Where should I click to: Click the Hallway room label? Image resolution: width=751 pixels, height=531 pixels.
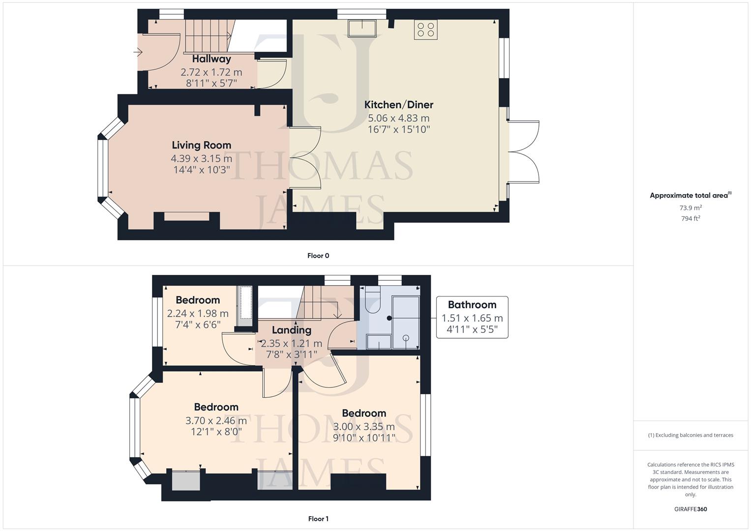click(x=211, y=59)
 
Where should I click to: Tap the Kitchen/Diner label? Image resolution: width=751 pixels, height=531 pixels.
click(x=398, y=105)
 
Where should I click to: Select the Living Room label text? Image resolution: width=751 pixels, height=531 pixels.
click(x=201, y=145)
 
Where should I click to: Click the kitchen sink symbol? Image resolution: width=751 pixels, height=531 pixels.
click(x=361, y=29)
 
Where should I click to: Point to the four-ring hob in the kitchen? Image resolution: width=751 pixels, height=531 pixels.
click(x=425, y=29)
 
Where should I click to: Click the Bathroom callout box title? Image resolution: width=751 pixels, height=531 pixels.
click(x=472, y=305)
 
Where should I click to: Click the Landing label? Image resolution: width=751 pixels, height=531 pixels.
click(x=291, y=330)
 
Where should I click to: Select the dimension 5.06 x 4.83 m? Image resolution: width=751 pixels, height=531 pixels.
click(x=398, y=118)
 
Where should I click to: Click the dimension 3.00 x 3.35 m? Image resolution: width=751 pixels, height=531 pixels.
click(x=364, y=427)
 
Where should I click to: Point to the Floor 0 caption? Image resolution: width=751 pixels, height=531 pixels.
click(x=318, y=256)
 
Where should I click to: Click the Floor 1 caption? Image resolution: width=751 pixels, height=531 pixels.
click(x=318, y=519)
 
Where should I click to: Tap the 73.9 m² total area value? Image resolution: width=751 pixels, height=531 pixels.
click(x=691, y=208)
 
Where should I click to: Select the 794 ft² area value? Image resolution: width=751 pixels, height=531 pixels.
click(x=691, y=219)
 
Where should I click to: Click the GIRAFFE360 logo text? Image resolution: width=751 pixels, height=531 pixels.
click(x=691, y=509)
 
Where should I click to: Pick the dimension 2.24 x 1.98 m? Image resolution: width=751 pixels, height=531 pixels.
click(x=198, y=314)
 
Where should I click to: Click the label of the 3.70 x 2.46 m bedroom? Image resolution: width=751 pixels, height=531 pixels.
click(x=216, y=407)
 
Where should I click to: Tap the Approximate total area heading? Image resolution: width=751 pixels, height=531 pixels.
click(x=690, y=196)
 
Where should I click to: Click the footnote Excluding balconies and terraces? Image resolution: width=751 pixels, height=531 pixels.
click(x=691, y=435)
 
